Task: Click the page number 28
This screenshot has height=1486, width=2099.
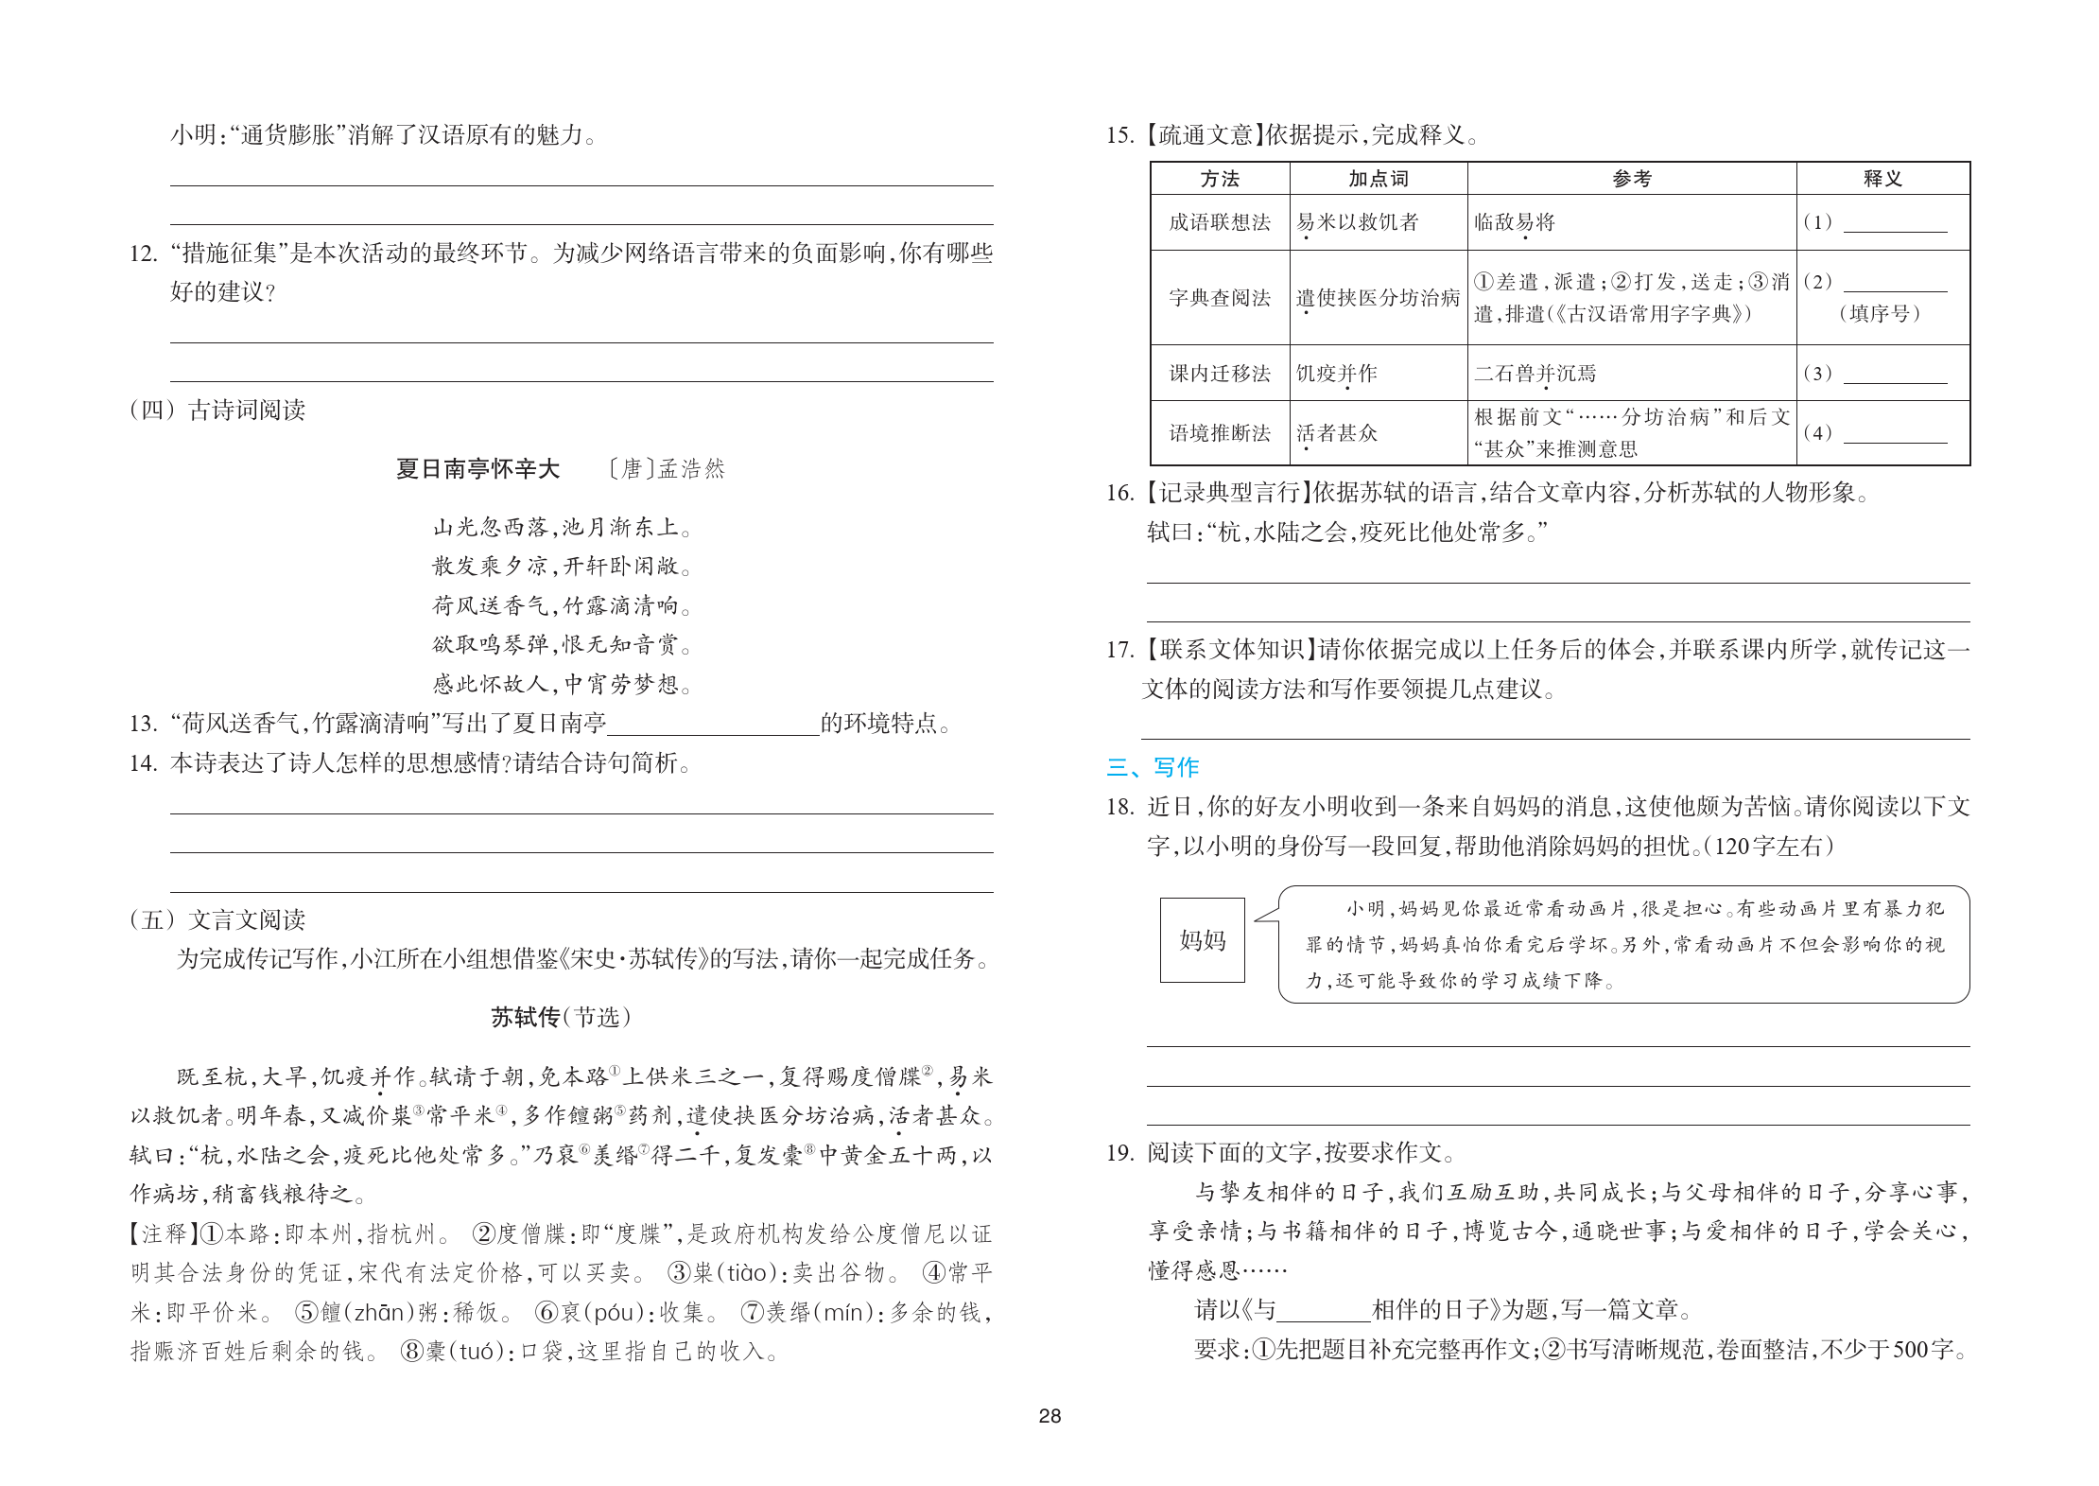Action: (x=1049, y=1416)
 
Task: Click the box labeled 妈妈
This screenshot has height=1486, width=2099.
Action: (x=1202, y=939)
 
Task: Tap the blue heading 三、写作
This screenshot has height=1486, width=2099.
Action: (x=1153, y=767)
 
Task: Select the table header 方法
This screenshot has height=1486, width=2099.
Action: (x=1220, y=179)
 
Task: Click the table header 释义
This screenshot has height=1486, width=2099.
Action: (x=1882, y=179)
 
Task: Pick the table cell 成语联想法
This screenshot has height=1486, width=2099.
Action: (x=1220, y=222)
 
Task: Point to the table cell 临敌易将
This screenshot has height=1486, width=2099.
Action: (x=1515, y=222)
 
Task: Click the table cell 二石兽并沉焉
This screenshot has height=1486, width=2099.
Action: (x=1535, y=374)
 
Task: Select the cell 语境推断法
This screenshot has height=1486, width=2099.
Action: (x=1220, y=433)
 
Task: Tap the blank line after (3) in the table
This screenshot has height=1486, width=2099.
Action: (x=1895, y=376)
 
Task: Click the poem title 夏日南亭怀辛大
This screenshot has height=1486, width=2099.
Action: (x=477, y=469)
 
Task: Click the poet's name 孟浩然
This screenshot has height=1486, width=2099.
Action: (x=691, y=469)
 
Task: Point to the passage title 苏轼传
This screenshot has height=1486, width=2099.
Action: (x=526, y=1018)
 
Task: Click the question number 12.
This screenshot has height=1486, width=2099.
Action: (x=143, y=253)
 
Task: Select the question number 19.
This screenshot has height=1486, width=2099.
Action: (x=1119, y=1153)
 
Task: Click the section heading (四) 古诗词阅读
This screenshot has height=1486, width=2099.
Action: (x=218, y=411)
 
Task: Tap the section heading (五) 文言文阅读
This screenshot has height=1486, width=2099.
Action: (x=218, y=919)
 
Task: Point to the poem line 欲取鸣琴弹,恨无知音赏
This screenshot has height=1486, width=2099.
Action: (x=562, y=645)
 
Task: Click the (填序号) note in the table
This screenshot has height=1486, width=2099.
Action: (x=1880, y=314)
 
